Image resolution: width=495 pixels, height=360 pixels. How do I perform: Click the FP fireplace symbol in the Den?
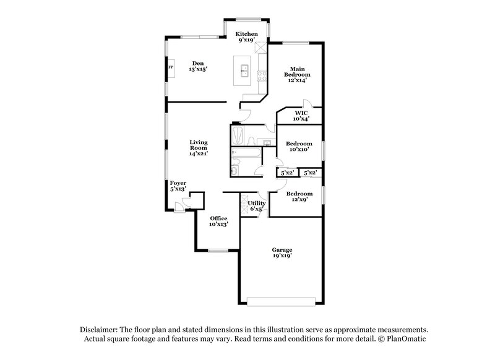(171, 67)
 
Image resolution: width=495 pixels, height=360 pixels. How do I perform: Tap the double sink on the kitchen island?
(244, 69)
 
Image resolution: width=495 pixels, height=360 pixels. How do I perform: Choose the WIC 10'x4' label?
(301, 116)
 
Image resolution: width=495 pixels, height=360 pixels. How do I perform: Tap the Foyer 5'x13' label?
(178, 186)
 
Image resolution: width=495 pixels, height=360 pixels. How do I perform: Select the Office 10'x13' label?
(218, 221)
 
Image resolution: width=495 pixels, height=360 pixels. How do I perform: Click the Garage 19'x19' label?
(282, 252)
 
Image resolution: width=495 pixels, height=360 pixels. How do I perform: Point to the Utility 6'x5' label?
(257, 206)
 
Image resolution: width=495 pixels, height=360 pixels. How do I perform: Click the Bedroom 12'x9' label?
(298, 196)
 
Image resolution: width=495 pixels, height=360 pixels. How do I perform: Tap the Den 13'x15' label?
(198, 66)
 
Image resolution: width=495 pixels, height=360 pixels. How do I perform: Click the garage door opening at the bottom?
(282, 302)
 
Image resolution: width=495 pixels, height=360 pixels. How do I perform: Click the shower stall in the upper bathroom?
(238, 135)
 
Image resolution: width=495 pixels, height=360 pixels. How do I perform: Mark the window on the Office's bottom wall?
(218, 251)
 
